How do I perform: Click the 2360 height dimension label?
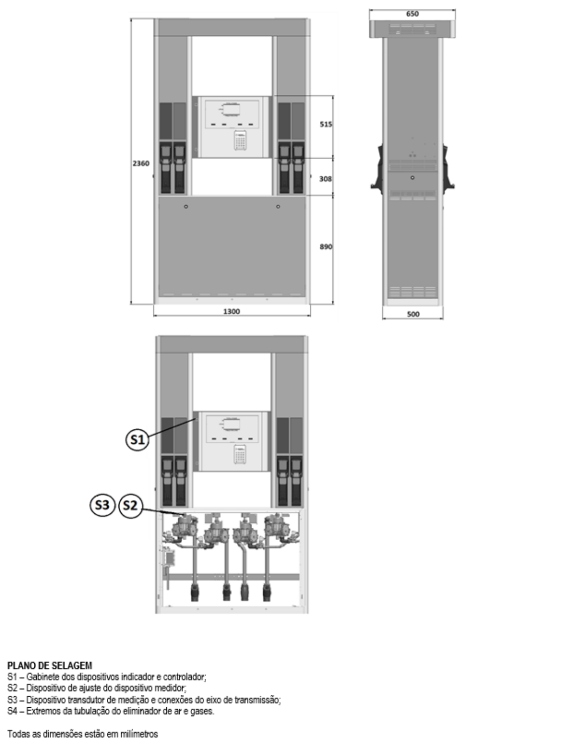coord(141,164)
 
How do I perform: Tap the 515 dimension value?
coord(326,124)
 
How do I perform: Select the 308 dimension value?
coord(325,179)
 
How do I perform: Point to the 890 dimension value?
coord(326,247)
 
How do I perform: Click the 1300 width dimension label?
coord(231,312)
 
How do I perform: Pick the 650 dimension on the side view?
coord(412,14)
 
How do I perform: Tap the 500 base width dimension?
coord(413,314)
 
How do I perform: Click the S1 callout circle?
coord(138,440)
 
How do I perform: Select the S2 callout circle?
coord(130,505)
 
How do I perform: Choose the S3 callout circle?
coord(102,505)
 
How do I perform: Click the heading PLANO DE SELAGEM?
coord(50,665)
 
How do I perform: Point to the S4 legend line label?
coord(12,711)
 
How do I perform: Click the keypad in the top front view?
coord(240,140)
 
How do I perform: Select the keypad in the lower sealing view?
coord(240,454)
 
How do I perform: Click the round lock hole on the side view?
coord(412,178)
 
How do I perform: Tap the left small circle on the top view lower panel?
coord(186,207)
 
